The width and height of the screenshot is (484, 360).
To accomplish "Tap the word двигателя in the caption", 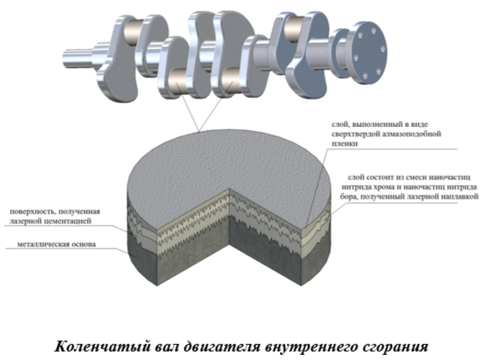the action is pos(222,347).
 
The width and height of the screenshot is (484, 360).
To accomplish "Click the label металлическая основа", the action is pos(57,245).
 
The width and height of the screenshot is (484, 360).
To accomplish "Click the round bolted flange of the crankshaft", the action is pos(366,53).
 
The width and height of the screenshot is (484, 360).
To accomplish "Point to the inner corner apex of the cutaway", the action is pos(229,188).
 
